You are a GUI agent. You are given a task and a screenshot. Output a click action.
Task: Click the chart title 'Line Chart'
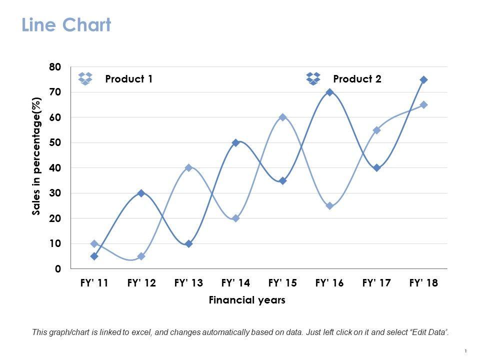pos(66,25)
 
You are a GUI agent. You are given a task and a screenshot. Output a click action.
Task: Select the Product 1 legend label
pos(128,79)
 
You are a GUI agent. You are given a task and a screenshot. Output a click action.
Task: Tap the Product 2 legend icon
pos(313,78)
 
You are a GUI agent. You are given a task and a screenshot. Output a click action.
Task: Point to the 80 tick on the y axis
pos(55,67)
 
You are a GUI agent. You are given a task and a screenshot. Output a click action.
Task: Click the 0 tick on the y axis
pos(58,269)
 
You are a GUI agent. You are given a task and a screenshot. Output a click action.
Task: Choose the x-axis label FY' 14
pos(235,283)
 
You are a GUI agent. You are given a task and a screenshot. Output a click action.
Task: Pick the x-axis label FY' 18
pos(423,283)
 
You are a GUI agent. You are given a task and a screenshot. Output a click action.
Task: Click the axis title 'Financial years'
pos(247,300)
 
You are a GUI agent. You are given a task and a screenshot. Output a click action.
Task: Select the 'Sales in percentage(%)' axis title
pos(36,156)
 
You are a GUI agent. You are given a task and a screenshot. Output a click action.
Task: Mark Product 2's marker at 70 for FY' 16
pos(329,92)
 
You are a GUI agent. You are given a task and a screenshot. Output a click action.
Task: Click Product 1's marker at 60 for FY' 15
pos(282,117)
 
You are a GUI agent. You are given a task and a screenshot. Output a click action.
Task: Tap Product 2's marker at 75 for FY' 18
pos(423,80)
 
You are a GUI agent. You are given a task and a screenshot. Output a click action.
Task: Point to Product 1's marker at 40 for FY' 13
pos(188,168)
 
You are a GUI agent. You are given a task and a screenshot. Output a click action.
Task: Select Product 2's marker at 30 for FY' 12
pos(141,193)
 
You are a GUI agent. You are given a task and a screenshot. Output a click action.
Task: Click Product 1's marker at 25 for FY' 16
pos(329,206)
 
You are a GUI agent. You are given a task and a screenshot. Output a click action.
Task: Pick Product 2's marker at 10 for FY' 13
pos(188,244)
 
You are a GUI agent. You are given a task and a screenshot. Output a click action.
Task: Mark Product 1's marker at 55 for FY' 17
pos(376,130)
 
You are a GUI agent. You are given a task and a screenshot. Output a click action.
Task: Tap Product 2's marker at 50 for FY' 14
pos(235,143)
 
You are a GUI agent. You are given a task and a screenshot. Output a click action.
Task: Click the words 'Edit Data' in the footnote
pos(429,331)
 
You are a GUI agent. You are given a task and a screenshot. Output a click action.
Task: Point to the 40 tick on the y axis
pos(55,168)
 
